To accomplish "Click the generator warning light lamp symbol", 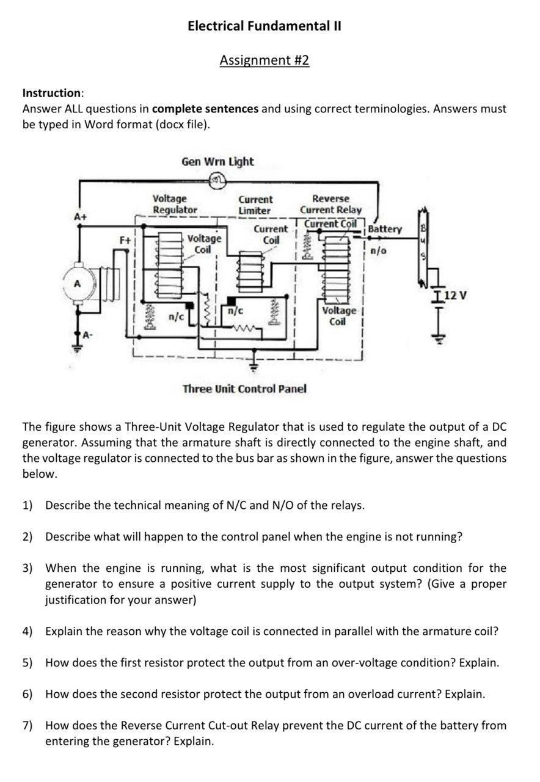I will pyautogui.click(x=217, y=179).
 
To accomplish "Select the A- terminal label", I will pyautogui.click(x=88, y=334).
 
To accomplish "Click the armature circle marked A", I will pyautogui.click(x=77, y=284).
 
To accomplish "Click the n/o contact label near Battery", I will pyautogui.click(x=378, y=250).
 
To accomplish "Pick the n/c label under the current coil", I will pyautogui.click(x=235, y=310).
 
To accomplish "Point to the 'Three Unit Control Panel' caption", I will pyautogui.click(x=244, y=389).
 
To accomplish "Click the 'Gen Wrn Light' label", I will pyautogui.click(x=217, y=161).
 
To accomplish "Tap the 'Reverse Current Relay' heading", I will pyautogui.click(x=330, y=204).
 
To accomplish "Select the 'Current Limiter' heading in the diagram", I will pyautogui.click(x=255, y=205).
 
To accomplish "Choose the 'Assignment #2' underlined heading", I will pyautogui.click(x=265, y=60).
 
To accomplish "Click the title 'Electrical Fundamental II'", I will pyautogui.click(x=265, y=26).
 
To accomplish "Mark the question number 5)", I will pyautogui.click(x=27, y=662).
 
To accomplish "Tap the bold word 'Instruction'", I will pyautogui.click(x=51, y=93).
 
